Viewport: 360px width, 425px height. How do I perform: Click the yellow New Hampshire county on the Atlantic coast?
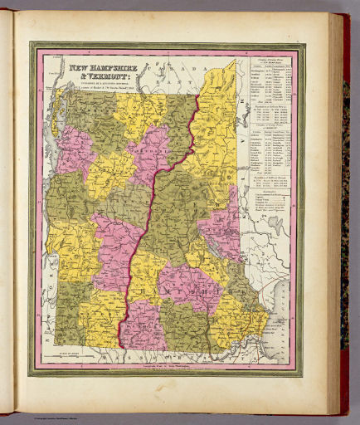point(245,320)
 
